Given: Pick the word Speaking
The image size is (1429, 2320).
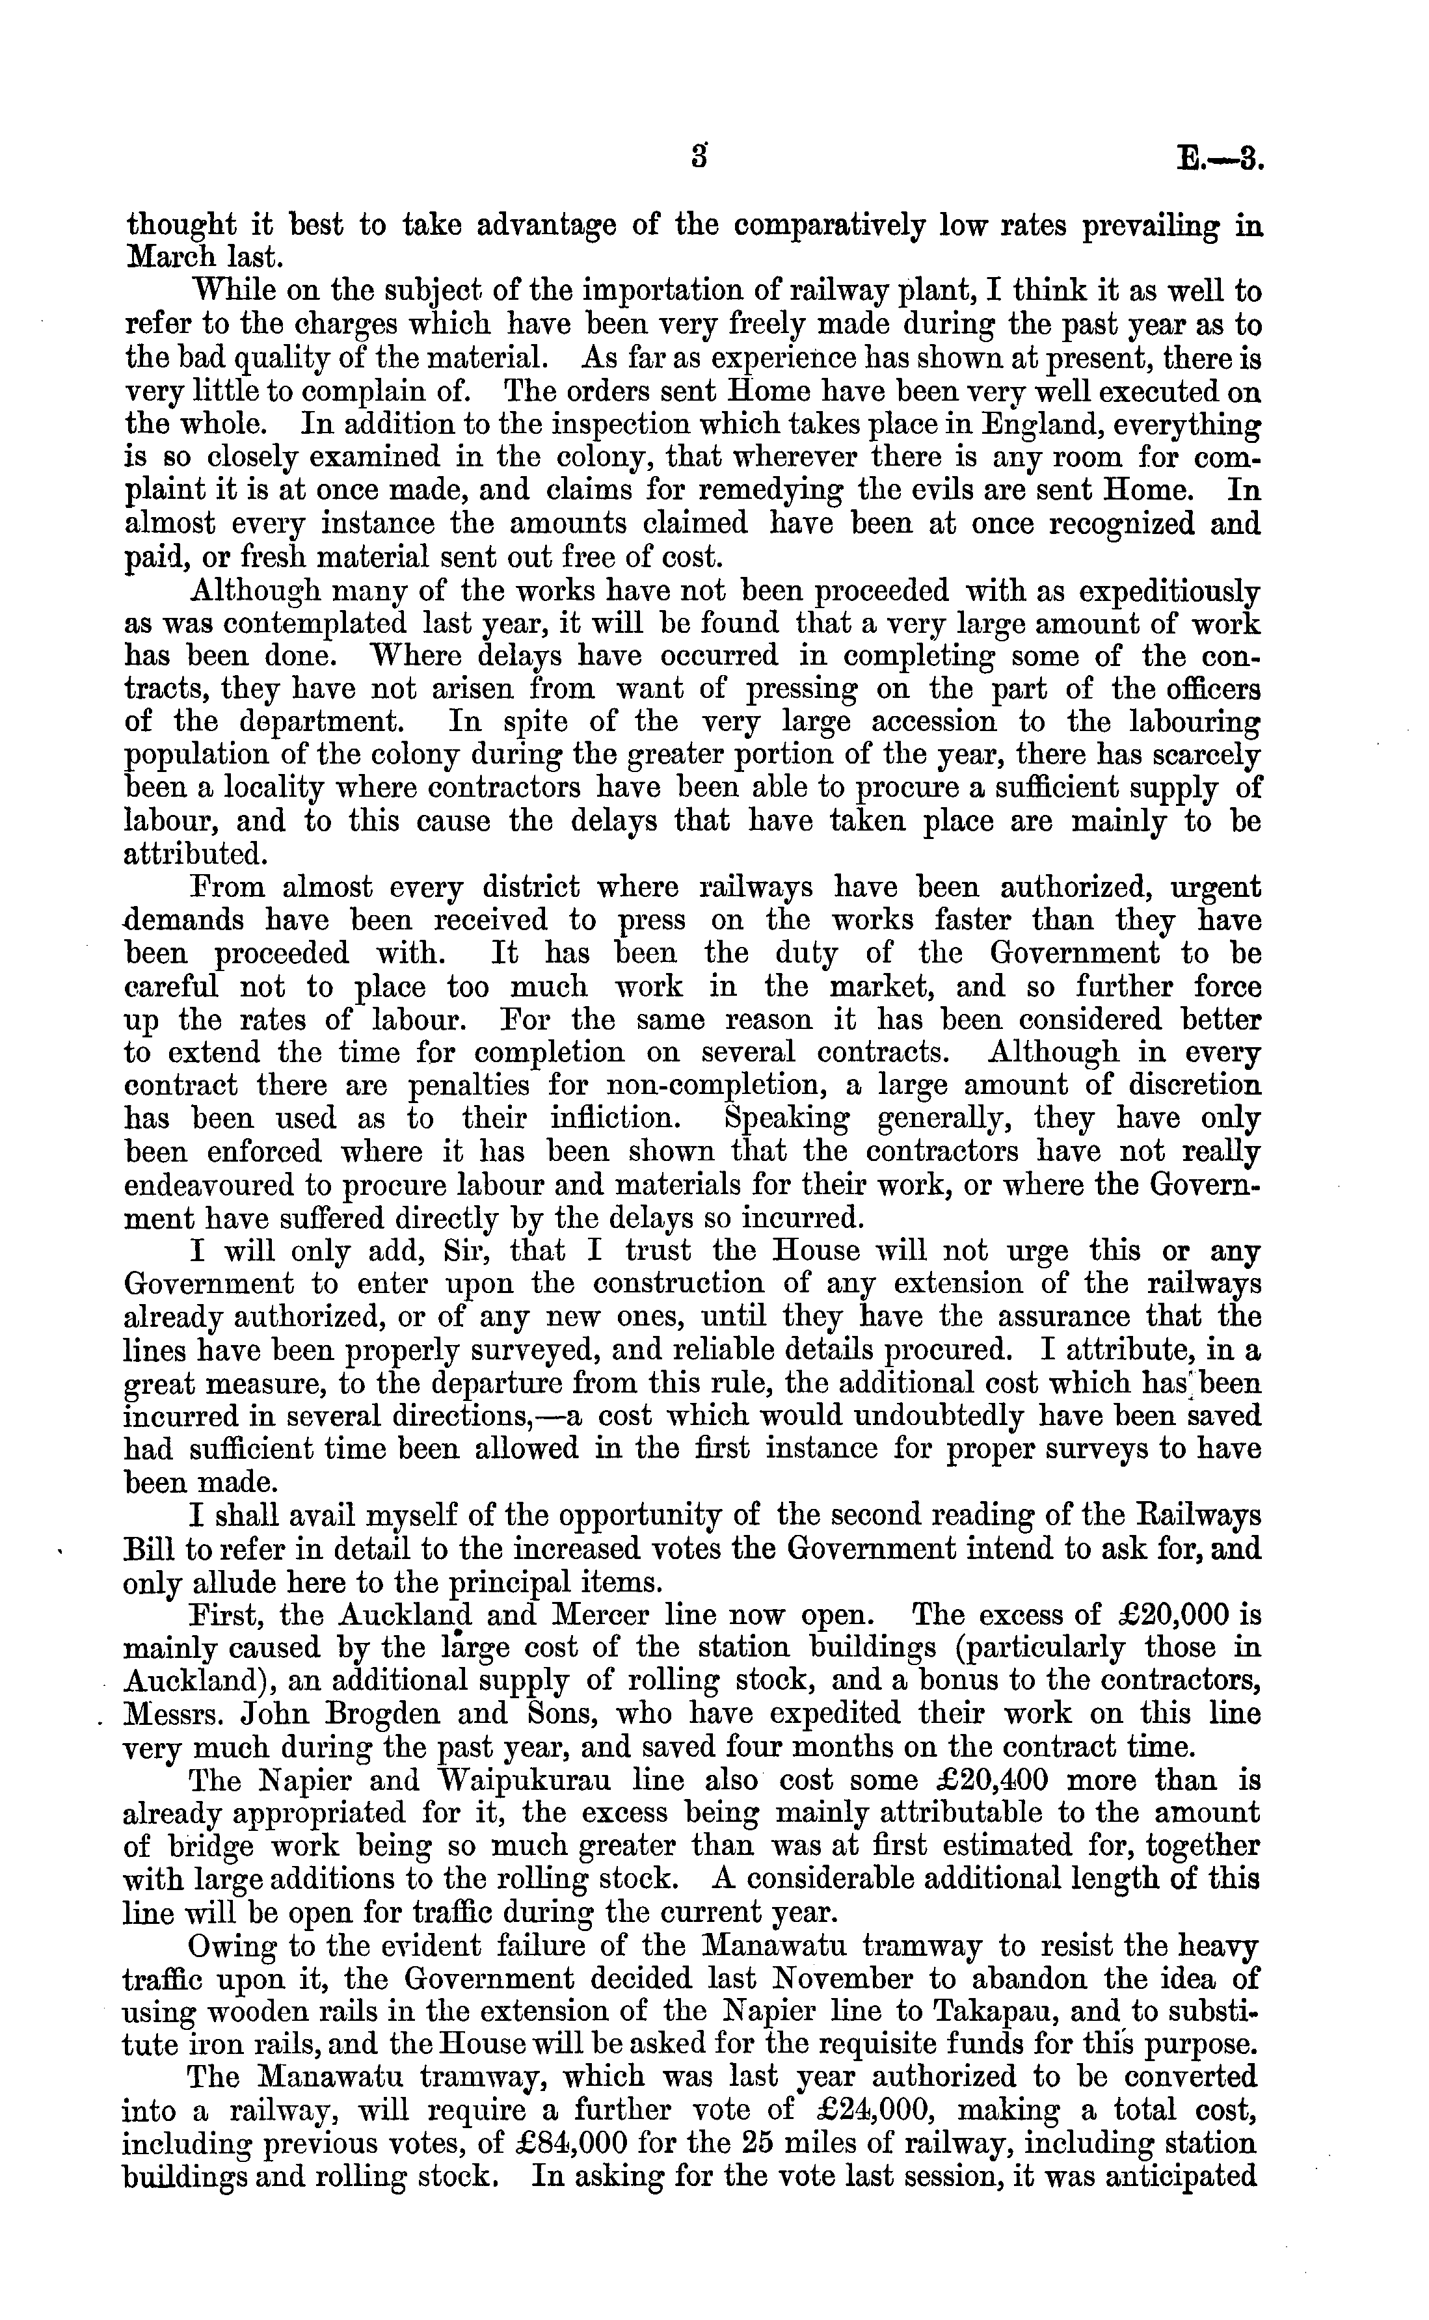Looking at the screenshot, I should (x=786, y=1119).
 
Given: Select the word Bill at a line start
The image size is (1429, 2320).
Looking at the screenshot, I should (x=151, y=1550).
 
